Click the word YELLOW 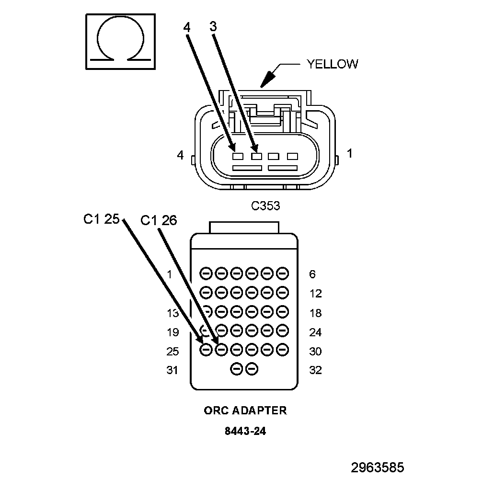click(x=332, y=64)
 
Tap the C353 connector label click(x=265, y=206)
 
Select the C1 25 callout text click(x=101, y=219)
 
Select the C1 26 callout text click(x=159, y=220)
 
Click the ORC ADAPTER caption click(x=245, y=411)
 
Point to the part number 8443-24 click(x=245, y=431)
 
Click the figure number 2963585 click(x=378, y=468)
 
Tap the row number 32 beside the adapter click(x=315, y=370)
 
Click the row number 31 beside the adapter click(x=172, y=370)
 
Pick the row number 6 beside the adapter click(x=312, y=274)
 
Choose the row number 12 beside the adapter click(x=315, y=294)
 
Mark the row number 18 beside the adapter click(x=315, y=313)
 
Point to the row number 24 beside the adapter click(x=315, y=332)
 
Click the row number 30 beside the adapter click(x=315, y=352)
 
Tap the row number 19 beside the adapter click(x=172, y=332)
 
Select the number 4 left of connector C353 click(x=180, y=155)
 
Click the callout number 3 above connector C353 click(x=213, y=27)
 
